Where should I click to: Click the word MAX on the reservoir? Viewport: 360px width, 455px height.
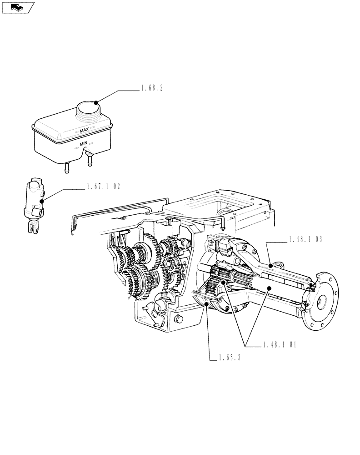click(84, 131)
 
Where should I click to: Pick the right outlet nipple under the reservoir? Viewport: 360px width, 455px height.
click(90, 160)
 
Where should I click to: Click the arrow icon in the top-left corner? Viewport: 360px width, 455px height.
click(18, 7)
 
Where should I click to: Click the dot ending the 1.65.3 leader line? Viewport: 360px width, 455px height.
click(208, 304)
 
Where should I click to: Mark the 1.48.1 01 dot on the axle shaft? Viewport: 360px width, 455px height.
click(269, 288)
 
